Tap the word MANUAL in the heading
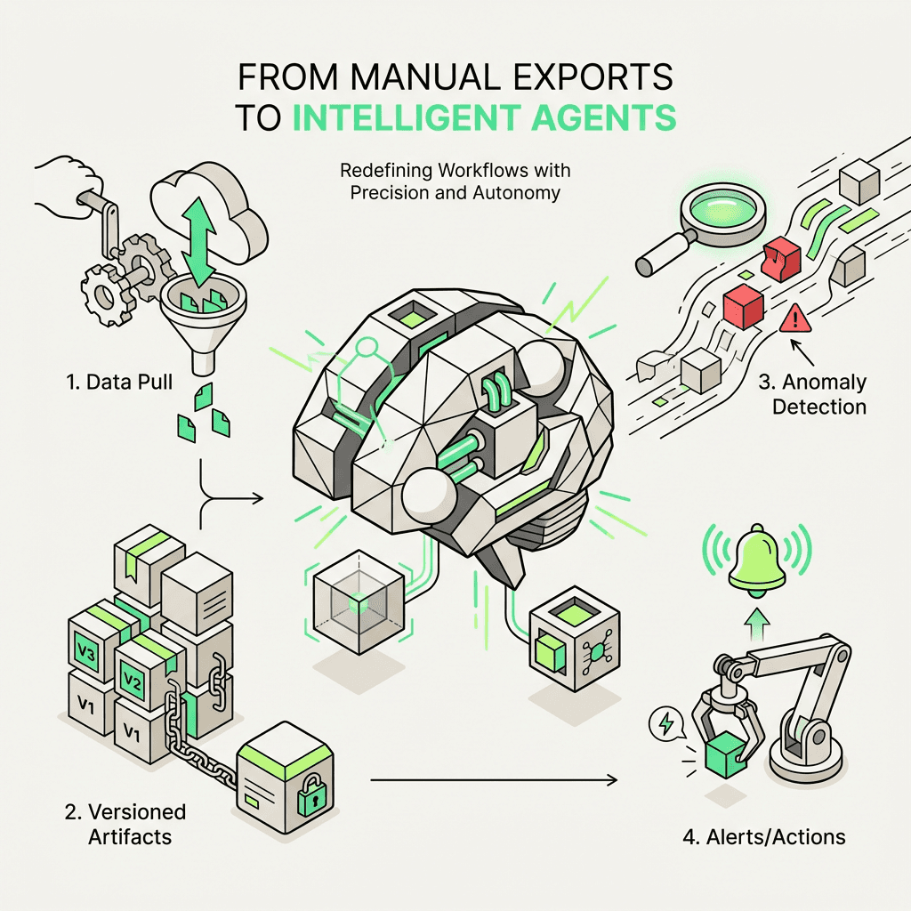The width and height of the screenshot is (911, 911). tap(391, 77)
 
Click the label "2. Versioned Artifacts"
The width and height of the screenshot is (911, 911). tap(124, 824)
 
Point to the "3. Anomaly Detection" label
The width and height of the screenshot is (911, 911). tap(812, 395)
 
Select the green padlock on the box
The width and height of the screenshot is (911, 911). tap(311, 800)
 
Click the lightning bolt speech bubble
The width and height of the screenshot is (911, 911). tap(663, 722)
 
